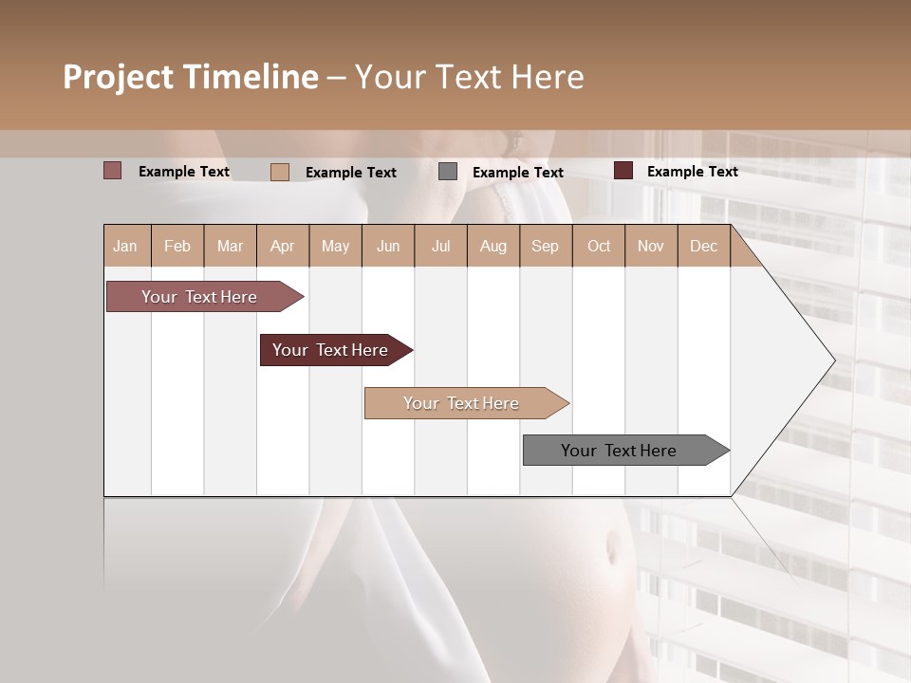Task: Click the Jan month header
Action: tap(126, 246)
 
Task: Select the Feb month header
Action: tap(177, 246)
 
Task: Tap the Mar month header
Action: tap(230, 246)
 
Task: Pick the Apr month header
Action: tap(283, 246)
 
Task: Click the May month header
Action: tap(335, 246)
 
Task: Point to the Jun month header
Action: tap(388, 246)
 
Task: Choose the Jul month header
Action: tap(440, 246)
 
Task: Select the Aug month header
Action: tap(493, 246)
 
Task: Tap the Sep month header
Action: tap(546, 246)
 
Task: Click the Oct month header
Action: tap(599, 246)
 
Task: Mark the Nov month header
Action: tap(651, 246)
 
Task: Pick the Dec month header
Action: tap(703, 246)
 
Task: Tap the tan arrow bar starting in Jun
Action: tap(462, 403)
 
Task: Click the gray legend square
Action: tap(448, 172)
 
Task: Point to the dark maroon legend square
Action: tap(623, 171)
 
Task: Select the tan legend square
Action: tap(280, 172)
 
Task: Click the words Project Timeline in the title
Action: tap(191, 77)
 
